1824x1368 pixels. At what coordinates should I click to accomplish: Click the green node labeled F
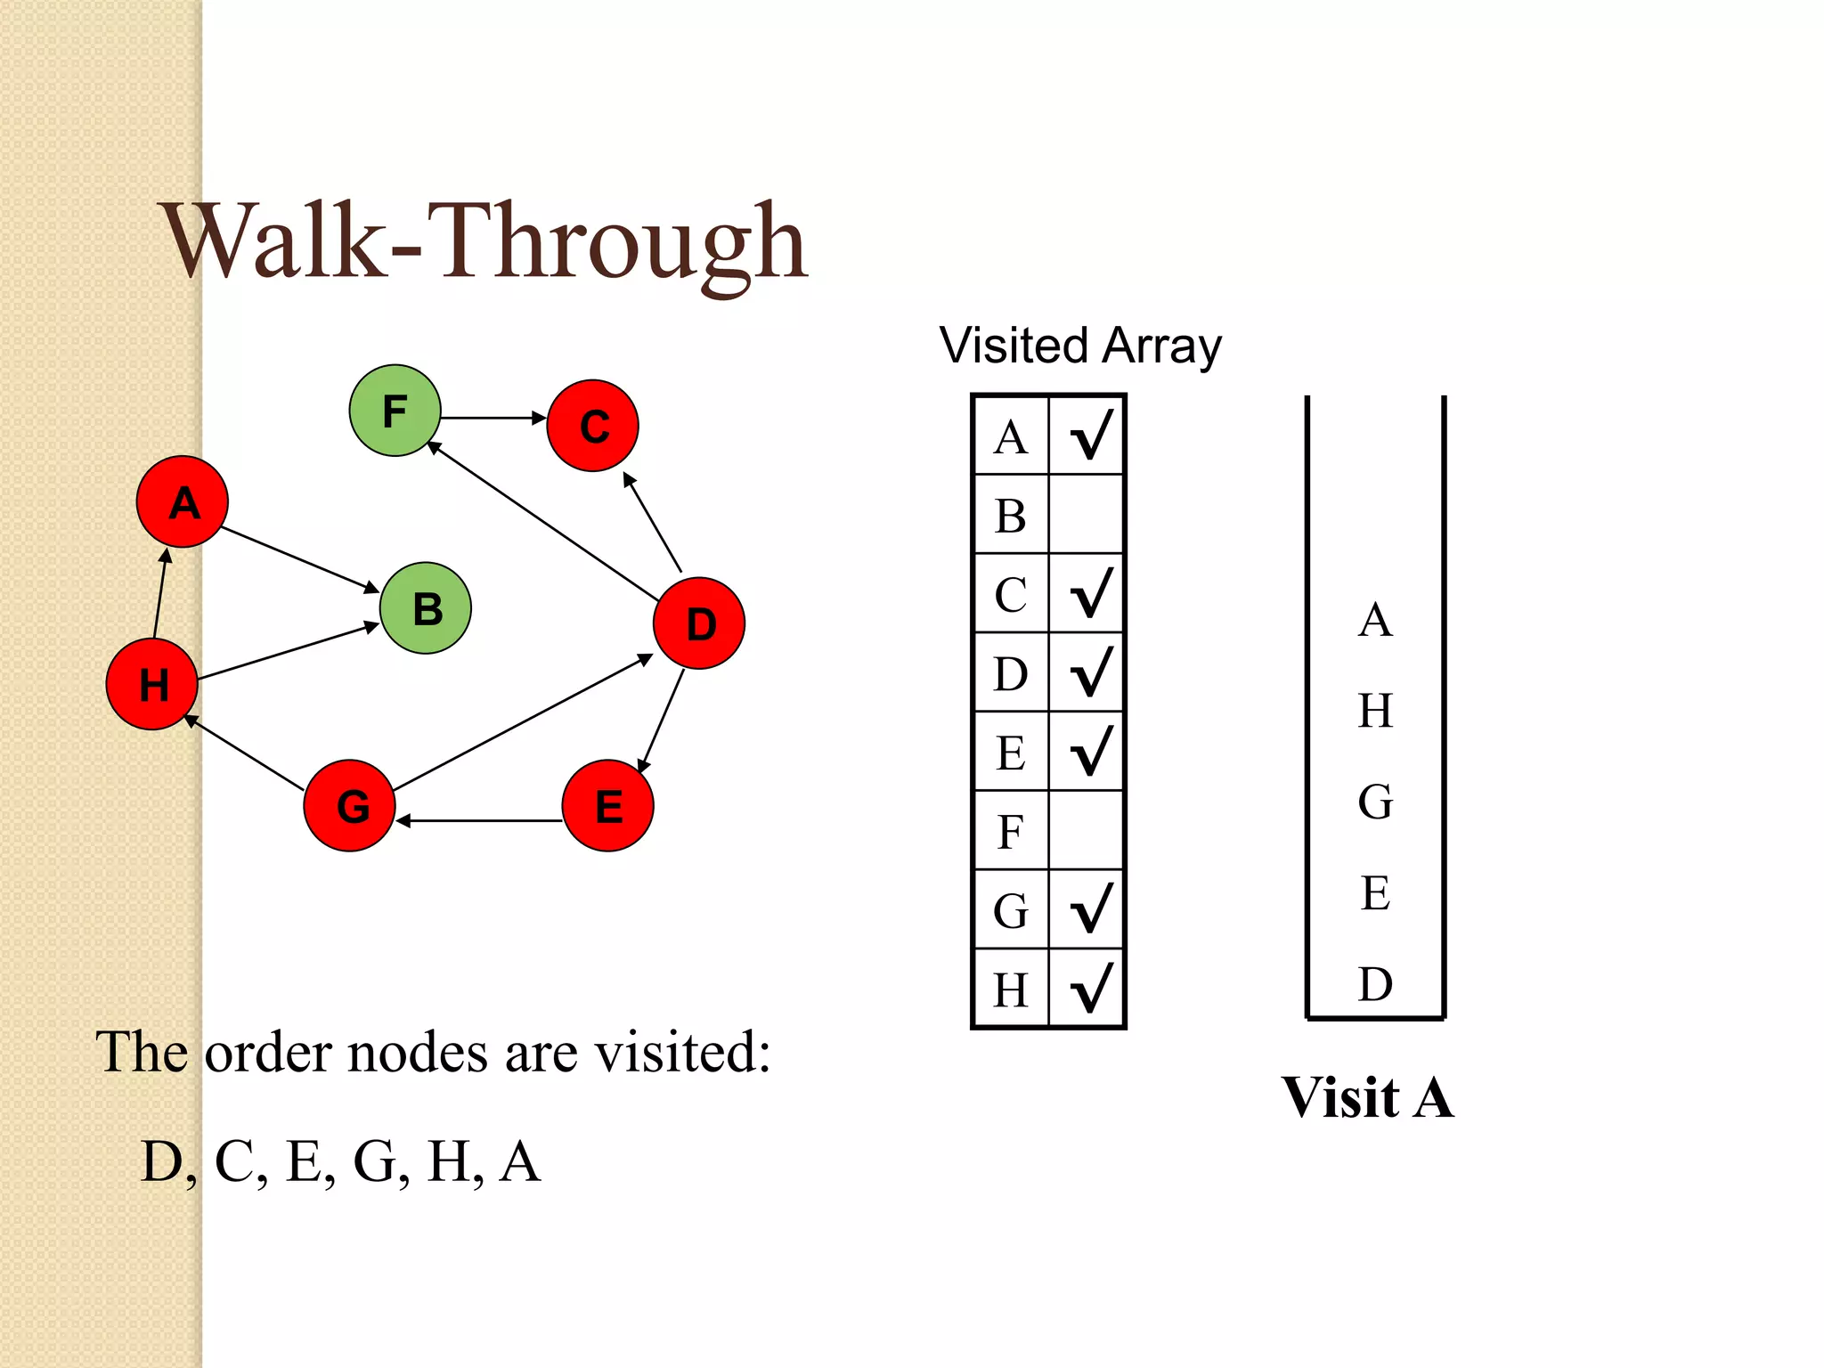click(395, 411)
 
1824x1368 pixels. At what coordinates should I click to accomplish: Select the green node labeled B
click(426, 608)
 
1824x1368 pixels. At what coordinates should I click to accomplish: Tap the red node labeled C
click(593, 426)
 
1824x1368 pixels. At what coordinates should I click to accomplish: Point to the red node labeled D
click(699, 623)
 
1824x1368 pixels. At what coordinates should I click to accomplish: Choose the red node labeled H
click(152, 684)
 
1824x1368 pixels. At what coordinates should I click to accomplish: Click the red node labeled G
click(350, 806)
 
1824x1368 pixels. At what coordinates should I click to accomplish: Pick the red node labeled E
click(608, 806)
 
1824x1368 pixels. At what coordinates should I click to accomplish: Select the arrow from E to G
click(479, 820)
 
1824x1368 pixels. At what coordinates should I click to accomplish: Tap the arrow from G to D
click(523, 723)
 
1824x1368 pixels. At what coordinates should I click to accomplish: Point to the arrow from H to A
click(160, 593)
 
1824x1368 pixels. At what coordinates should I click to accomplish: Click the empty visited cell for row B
click(1087, 515)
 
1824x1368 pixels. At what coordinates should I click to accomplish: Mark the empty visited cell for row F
click(1087, 831)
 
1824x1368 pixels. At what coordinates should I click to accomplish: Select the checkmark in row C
click(1090, 593)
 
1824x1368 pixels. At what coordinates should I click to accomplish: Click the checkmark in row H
click(1090, 989)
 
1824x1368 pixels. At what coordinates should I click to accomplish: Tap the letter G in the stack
click(1375, 802)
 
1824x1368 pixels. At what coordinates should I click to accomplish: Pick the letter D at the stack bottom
click(1375, 984)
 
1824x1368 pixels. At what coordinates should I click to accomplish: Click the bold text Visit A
click(1368, 1097)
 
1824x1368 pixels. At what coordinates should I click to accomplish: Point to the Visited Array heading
click(1080, 346)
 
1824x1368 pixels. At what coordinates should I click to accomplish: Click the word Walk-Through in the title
click(485, 242)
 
